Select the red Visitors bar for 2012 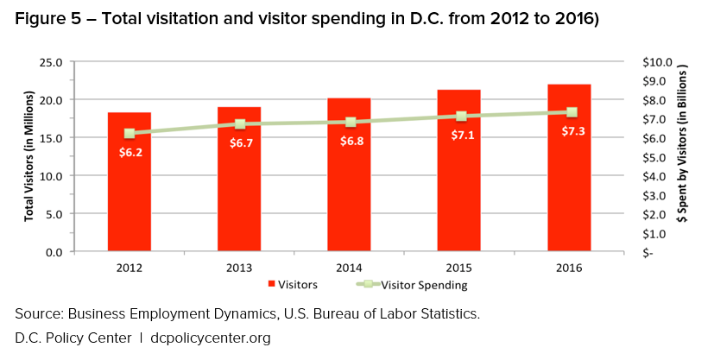[x=129, y=199]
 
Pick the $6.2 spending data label [x=130, y=152]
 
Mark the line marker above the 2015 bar [x=461, y=116]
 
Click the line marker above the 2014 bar [x=351, y=122]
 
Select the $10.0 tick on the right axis [x=653, y=62]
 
